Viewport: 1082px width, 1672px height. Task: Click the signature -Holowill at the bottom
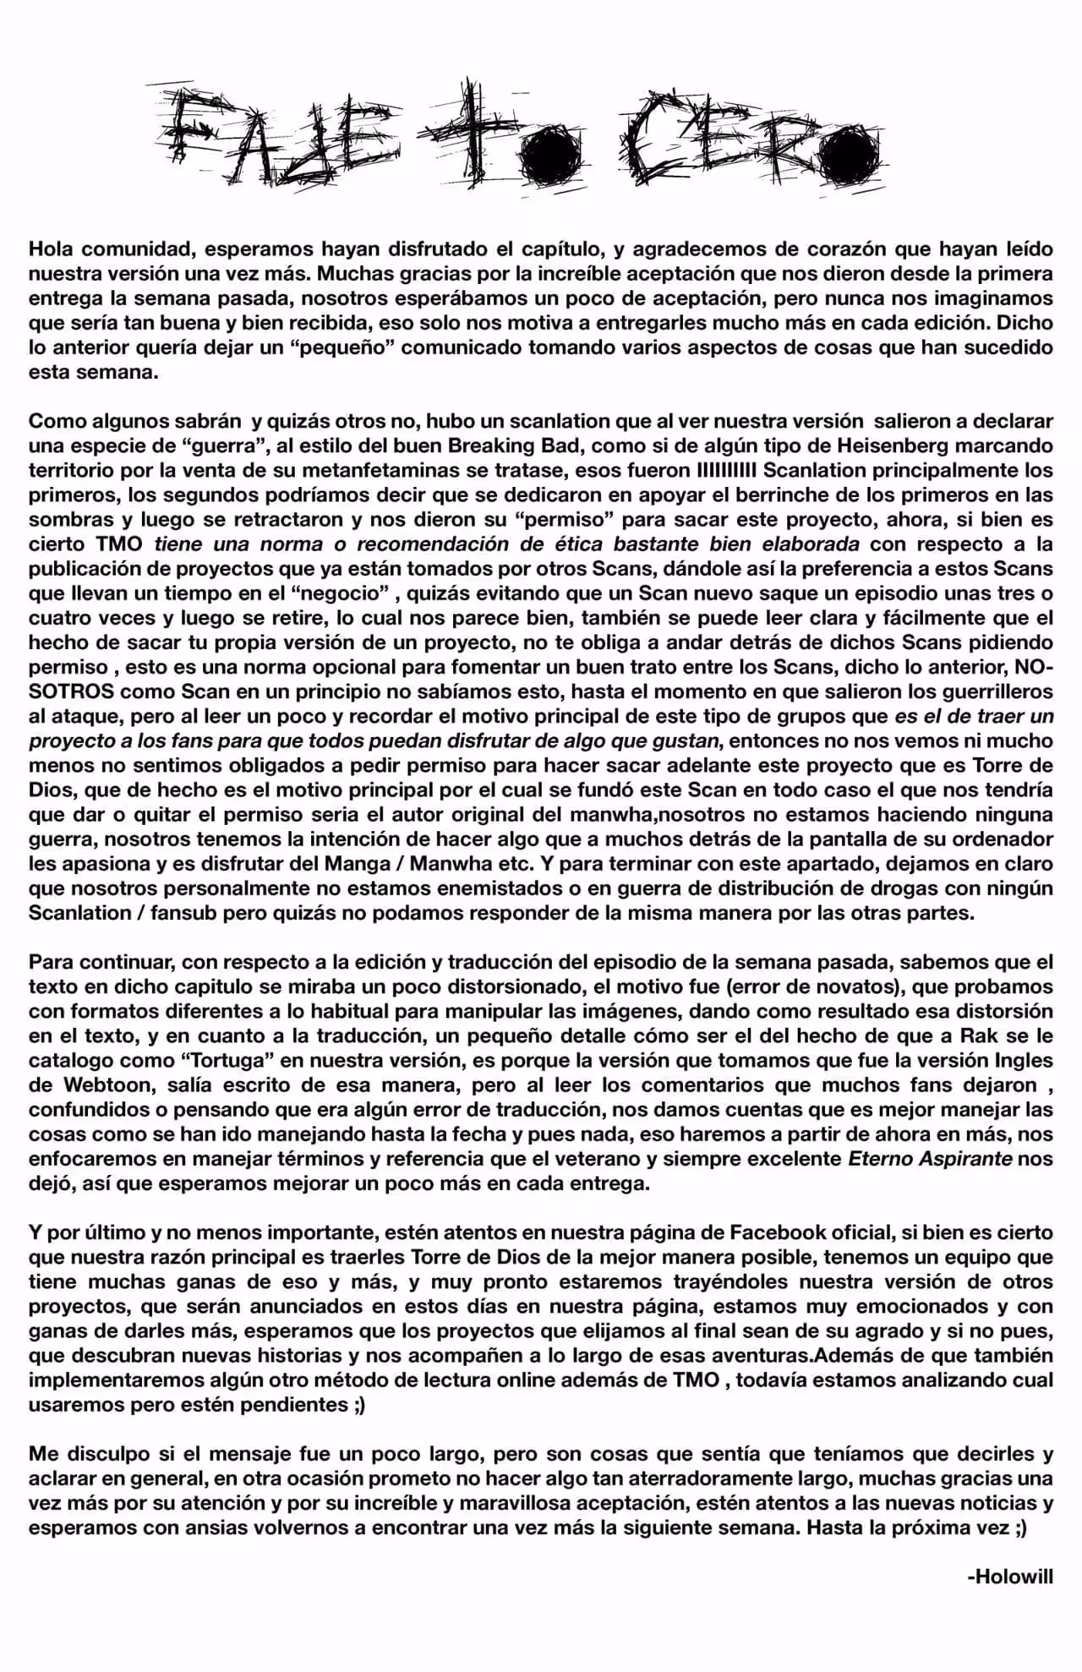point(1009,1577)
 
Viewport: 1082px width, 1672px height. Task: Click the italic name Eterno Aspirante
point(930,1158)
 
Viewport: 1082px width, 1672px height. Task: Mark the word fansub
point(180,913)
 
